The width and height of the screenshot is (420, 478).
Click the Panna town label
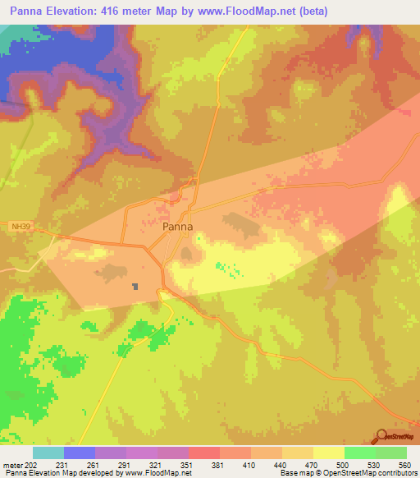pos(178,227)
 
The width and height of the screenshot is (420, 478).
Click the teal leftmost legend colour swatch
pos(48,453)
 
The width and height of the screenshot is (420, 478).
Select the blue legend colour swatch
pos(80,453)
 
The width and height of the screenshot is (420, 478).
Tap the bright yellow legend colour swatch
pos(329,453)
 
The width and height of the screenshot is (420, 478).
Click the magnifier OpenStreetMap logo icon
pos(381,436)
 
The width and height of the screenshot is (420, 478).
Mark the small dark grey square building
pos(136,287)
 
